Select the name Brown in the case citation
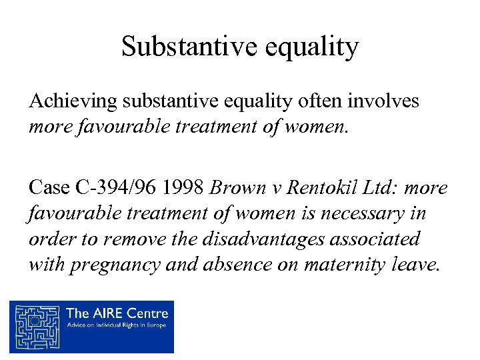click(233, 188)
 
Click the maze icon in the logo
click(36, 326)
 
